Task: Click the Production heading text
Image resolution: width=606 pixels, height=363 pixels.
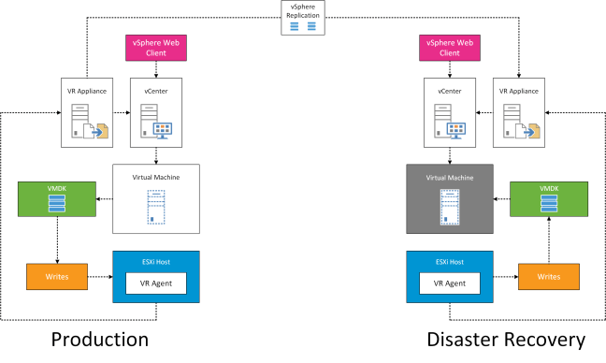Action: coord(99,338)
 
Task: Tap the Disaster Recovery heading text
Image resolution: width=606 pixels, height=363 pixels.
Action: coord(505,338)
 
